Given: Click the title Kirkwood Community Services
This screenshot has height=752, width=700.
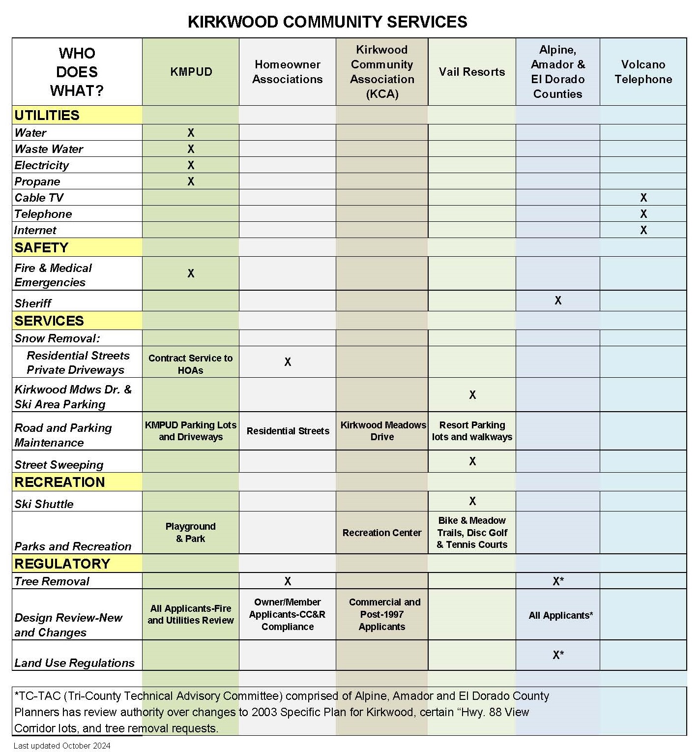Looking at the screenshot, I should (327, 22).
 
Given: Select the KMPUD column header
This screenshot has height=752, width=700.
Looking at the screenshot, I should (191, 72).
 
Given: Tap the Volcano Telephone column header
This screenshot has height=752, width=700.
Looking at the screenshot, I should (643, 72).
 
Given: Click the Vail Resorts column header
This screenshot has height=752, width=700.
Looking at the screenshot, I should (472, 72).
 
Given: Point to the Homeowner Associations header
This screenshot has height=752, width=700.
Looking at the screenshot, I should (288, 72).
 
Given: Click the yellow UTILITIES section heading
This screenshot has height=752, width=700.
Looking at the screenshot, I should (47, 115).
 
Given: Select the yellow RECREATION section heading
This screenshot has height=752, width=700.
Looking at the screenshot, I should (59, 482).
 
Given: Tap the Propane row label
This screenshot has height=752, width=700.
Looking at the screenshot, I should (37, 181).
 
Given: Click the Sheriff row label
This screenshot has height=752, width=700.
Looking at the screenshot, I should (33, 303).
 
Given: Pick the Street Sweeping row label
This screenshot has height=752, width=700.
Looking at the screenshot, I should (59, 465).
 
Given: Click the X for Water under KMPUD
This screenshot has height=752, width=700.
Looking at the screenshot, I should (191, 133).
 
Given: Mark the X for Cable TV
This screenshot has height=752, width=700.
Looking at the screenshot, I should (643, 198).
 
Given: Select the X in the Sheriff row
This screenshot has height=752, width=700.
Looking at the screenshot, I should (558, 301).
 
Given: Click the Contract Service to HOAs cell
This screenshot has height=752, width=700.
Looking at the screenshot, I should (191, 364).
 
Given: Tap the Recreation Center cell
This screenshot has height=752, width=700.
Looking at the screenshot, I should (382, 533).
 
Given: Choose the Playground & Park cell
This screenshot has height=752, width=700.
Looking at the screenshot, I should (191, 533).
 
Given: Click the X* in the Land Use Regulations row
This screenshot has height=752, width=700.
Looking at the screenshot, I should (558, 655).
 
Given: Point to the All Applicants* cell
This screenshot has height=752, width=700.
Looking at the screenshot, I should (561, 615).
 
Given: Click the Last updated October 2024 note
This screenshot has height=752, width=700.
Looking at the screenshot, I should (62, 746).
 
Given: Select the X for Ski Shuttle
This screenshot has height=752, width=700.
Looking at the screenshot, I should (472, 501).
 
